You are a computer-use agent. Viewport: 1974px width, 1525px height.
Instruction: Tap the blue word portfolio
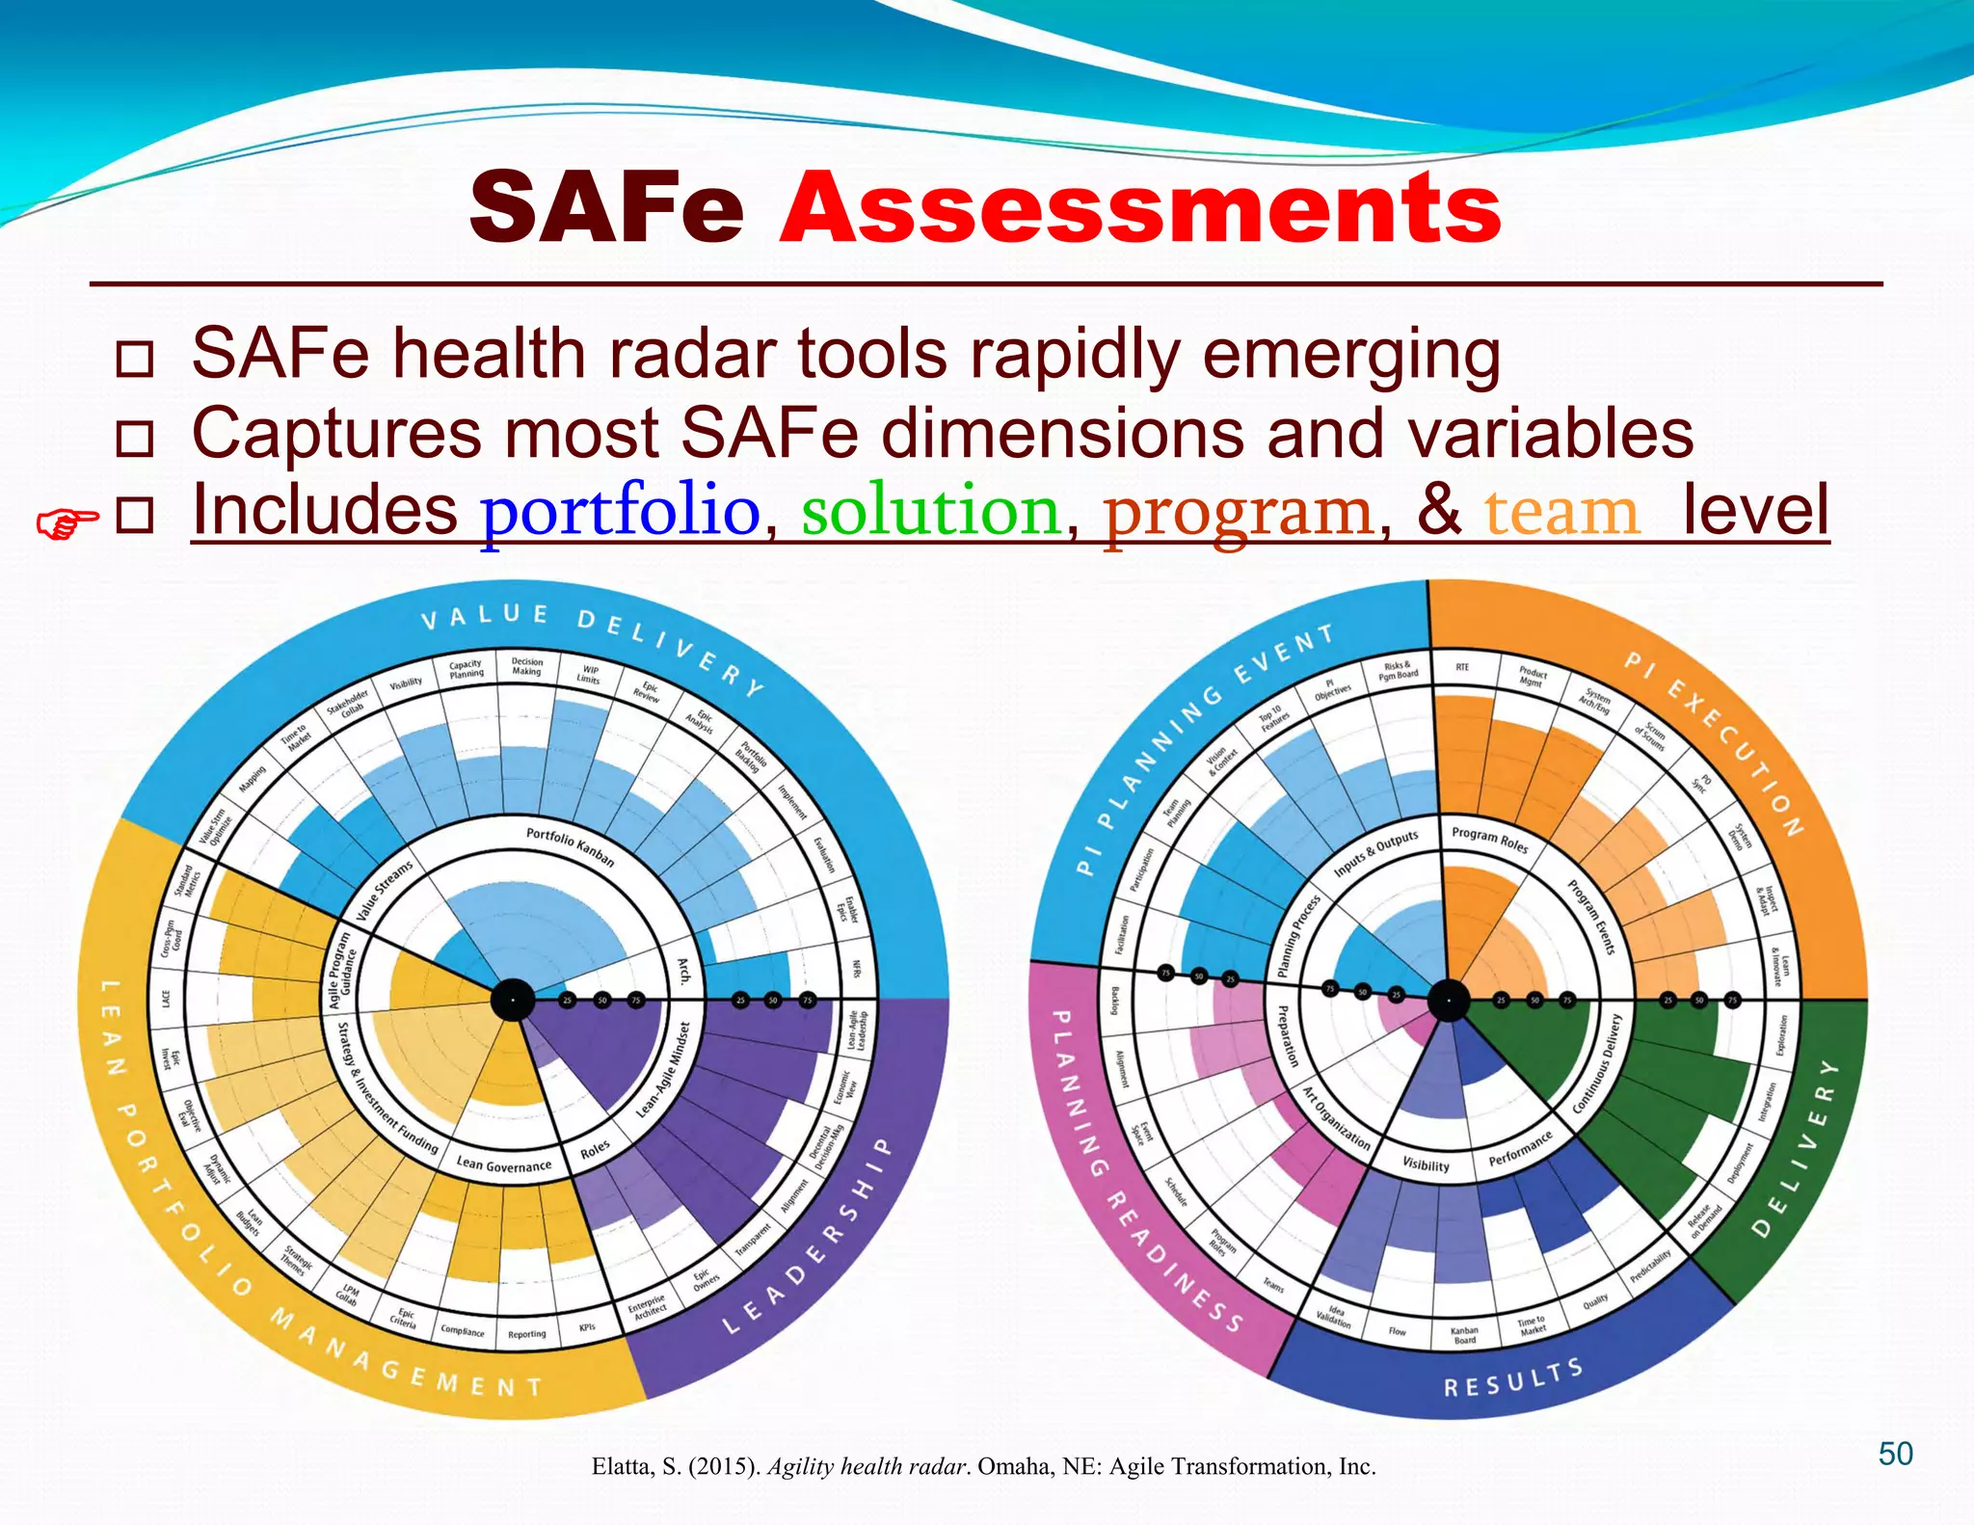pyautogui.click(x=621, y=511)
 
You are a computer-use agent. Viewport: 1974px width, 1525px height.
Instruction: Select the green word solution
pyautogui.click(x=931, y=511)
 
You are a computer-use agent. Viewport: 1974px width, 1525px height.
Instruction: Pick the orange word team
pyautogui.click(x=1561, y=513)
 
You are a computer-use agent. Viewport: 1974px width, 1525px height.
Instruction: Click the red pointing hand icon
pyautogui.click(x=67, y=524)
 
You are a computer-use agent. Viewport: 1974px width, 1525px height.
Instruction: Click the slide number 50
pyautogui.click(x=1895, y=1454)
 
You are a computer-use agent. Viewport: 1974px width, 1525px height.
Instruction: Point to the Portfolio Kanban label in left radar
pyautogui.click(x=571, y=845)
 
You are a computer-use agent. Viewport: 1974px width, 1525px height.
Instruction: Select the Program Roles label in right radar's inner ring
pyautogui.click(x=1490, y=839)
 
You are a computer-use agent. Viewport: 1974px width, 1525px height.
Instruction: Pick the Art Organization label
pyautogui.click(x=1337, y=1118)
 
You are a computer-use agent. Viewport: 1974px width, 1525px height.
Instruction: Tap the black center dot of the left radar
pyautogui.click(x=513, y=1001)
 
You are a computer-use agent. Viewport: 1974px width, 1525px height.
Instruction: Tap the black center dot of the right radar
pyautogui.click(x=1448, y=1001)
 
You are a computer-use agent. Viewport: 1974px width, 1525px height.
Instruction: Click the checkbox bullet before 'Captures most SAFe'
pyautogui.click(x=134, y=439)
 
